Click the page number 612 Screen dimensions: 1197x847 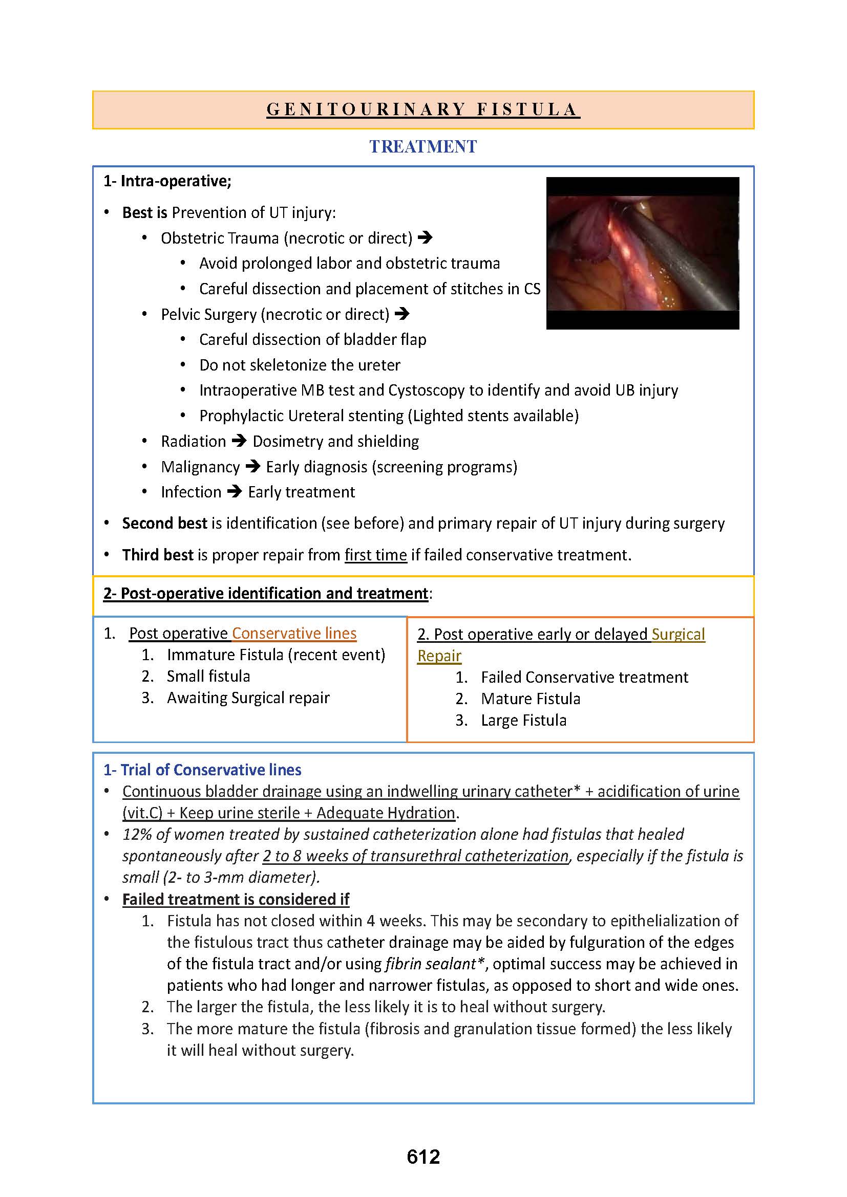click(x=423, y=1157)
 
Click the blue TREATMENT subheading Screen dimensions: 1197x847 click(x=423, y=146)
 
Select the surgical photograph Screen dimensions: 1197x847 click(x=643, y=253)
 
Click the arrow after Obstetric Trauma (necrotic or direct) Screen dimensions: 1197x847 click(x=425, y=238)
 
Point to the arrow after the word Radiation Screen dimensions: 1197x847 click(x=239, y=441)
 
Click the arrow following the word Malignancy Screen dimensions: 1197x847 click(x=253, y=467)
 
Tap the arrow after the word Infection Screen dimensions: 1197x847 click(x=235, y=492)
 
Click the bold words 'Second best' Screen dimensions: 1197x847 click(x=164, y=523)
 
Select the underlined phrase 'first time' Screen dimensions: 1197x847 click(x=375, y=555)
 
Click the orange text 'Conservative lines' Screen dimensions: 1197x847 click(x=294, y=633)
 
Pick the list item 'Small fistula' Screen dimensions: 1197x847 click(x=208, y=676)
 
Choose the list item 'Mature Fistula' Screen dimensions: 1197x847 click(x=531, y=699)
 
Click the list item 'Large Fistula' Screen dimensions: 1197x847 click(x=524, y=720)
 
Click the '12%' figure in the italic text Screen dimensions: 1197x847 click(x=137, y=834)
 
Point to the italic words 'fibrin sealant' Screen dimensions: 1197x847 click(x=430, y=964)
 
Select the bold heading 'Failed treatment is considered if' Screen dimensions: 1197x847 click(x=236, y=899)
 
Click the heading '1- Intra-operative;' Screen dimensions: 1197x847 click(x=167, y=181)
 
